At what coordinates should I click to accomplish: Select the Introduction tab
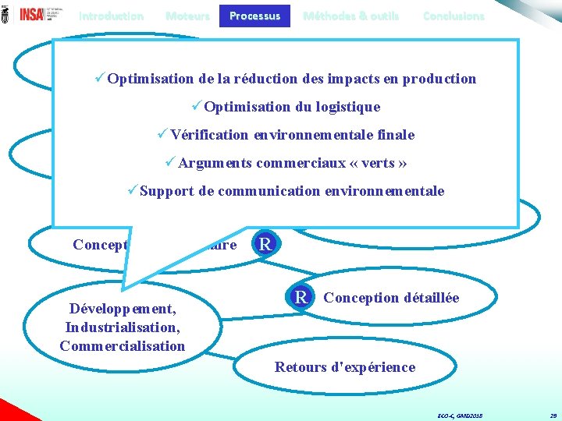pyautogui.click(x=111, y=16)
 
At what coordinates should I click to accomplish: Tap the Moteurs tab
pyautogui.click(x=187, y=16)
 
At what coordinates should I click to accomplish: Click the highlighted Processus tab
pyautogui.click(x=254, y=16)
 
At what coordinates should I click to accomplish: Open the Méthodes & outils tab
pyautogui.click(x=350, y=16)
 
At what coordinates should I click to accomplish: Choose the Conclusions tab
pyautogui.click(x=453, y=16)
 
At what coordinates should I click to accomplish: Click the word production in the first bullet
pyautogui.click(x=441, y=79)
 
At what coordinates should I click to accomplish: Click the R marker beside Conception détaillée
pyautogui.click(x=301, y=297)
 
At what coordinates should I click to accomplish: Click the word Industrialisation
pyautogui.click(x=122, y=327)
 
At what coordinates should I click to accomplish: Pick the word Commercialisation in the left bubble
pyautogui.click(x=122, y=346)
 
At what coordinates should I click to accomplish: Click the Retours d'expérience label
pyautogui.click(x=345, y=367)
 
